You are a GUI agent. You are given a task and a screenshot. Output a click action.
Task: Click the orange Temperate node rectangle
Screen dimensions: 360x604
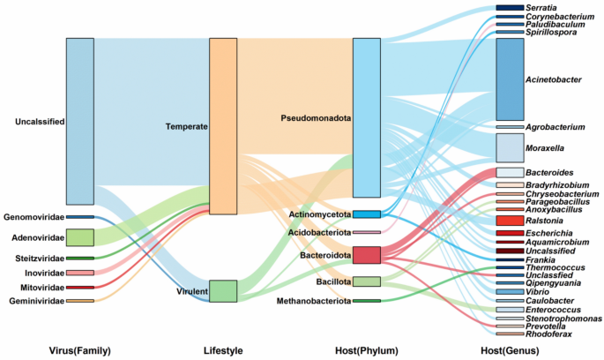(x=222, y=126)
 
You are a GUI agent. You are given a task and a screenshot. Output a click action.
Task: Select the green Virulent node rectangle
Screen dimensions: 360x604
(x=222, y=290)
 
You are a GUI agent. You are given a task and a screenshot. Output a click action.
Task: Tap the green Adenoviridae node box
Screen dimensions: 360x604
(x=79, y=237)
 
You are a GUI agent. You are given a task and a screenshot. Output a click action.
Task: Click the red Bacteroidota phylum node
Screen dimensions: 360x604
(x=366, y=255)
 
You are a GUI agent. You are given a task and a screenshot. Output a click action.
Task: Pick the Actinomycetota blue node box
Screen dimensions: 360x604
(x=366, y=214)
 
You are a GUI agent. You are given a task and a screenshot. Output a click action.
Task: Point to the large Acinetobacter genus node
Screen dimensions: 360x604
(x=510, y=79)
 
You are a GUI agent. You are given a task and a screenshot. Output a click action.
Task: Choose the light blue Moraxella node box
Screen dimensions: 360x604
(x=510, y=147)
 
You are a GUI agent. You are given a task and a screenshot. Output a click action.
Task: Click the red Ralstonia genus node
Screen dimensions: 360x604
(x=510, y=221)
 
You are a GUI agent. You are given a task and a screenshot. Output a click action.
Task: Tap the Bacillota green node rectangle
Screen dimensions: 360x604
(x=366, y=281)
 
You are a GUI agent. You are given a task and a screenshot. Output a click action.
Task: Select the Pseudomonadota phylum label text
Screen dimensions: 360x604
(x=315, y=117)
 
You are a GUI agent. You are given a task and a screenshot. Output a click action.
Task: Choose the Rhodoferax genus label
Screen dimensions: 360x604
(x=550, y=334)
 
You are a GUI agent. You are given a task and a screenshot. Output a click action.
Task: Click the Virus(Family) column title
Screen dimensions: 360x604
(x=80, y=350)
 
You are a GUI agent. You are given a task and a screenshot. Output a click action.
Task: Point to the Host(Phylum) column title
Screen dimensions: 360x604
(x=366, y=350)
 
